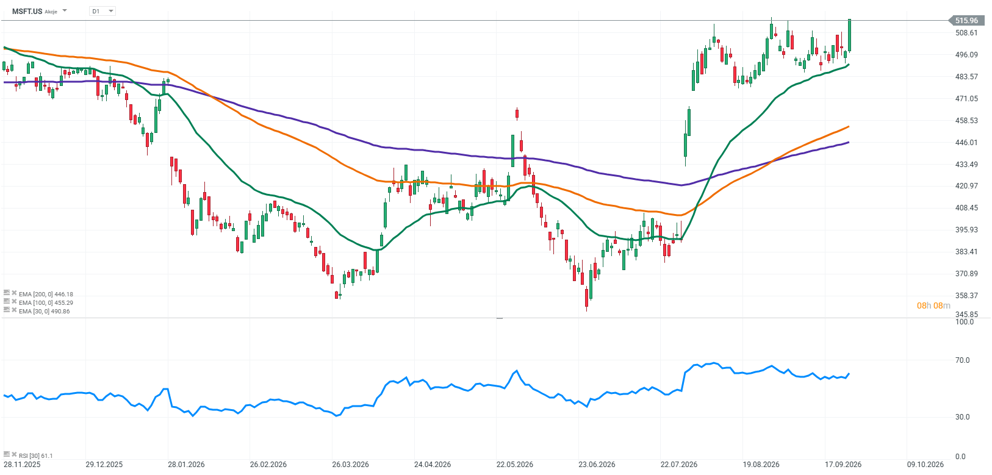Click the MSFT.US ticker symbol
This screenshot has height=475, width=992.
click(x=27, y=11)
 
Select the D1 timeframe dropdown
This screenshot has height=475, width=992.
click(x=102, y=11)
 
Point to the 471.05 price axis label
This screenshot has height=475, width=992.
click(x=966, y=98)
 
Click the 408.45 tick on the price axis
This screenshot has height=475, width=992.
click(x=966, y=207)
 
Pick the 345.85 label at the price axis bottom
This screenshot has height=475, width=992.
click(x=966, y=314)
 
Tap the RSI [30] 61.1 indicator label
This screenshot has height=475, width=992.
click(x=35, y=455)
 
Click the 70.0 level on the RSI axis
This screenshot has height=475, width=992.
click(x=962, y=360)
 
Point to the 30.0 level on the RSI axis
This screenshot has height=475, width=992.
click(x=962, y=417)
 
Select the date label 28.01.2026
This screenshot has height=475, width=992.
click(x=186, y=465)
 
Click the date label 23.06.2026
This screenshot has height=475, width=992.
click(x=597, y=465)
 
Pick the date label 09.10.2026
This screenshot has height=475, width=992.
click(x=925, y=465)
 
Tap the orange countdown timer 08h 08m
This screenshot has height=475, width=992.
click(x=933, y=305)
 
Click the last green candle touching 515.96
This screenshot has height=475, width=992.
click(x=849, y=35)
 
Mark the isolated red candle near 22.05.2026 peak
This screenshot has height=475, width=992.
click(x=517, y=114)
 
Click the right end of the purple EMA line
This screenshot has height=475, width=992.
click(x=849, y=142)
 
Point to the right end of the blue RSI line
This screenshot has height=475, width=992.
click(x=849, y=374)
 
